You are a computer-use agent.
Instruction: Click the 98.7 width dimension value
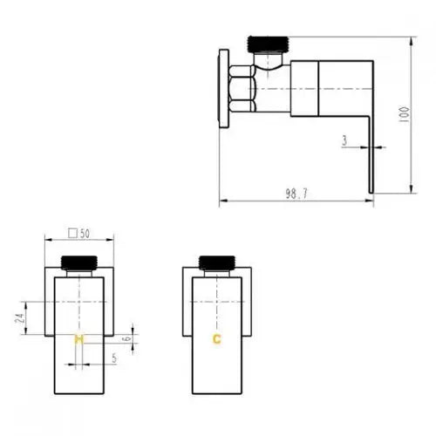click(x=296, y=194)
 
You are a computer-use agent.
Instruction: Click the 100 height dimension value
click(x=405, y=114)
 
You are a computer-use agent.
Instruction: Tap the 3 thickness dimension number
click(x=344, y=140)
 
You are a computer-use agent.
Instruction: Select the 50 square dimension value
click(x=85, y=234)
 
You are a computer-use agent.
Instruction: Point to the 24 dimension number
click(x=19, y=318)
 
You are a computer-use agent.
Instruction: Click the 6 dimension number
click(x=128, y=339)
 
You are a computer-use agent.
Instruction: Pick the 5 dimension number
click(x=114, y=358)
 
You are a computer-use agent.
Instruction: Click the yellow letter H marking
click(x=78, y=339)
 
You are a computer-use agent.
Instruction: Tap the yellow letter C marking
click(x=217, y=339)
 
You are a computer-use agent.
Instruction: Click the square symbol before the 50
click(x=72, y=234)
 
